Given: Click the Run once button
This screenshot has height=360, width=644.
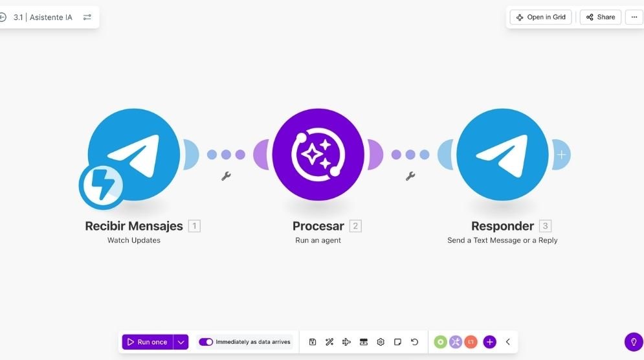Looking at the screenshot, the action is point(148,342).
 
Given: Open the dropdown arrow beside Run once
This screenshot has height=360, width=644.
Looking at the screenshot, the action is point(181,342).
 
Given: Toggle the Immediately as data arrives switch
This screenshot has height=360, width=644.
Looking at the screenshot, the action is point(206,342).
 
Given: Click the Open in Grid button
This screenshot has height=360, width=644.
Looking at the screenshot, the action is point(540,17).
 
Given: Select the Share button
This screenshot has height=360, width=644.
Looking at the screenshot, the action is point(601,17).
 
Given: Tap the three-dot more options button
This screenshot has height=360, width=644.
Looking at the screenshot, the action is point(634,17).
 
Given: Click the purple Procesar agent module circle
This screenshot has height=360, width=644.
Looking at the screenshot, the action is point(318,155).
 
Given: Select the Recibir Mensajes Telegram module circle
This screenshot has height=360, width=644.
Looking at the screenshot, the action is point(134,155).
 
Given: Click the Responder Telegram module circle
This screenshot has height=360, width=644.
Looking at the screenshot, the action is point(502,155).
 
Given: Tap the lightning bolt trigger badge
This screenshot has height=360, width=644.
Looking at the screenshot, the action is point(101,185).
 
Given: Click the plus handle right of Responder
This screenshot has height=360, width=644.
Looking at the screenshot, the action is point(561,155).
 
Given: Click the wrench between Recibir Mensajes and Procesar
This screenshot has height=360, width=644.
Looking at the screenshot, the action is point(226,176).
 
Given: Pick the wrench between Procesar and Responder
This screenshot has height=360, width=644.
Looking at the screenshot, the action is point(410,176).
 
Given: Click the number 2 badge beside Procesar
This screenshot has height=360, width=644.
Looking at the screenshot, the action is point(355,226).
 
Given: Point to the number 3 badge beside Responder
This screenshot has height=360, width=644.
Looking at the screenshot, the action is point(545,226).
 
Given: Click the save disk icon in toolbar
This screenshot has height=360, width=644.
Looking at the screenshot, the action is point(313,342).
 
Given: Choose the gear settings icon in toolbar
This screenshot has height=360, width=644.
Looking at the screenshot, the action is point(381,342).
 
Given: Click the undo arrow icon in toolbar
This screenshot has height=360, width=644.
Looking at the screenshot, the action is point(414,342).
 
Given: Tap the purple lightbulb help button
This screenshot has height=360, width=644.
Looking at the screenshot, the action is point(634,342).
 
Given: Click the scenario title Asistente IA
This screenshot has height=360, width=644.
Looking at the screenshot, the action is point(51,17).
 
